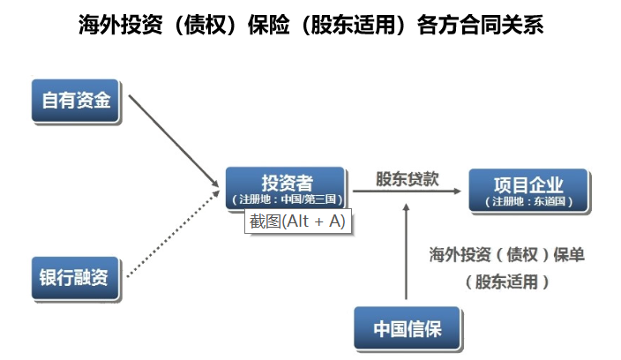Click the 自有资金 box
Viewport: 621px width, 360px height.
point(76,101)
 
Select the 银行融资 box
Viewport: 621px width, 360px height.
point(76,278)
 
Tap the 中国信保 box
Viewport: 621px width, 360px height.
point(408,328)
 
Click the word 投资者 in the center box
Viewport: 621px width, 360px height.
point(288,183)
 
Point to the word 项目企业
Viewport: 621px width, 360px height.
point(528,184)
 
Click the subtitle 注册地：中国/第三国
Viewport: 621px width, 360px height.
point(288,199)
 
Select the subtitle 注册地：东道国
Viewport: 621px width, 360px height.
point(528,201)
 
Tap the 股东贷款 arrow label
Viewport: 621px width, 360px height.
point(408,178)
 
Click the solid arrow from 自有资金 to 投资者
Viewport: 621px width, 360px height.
point(174,140)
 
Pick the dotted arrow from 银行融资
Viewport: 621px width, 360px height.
point(173,234)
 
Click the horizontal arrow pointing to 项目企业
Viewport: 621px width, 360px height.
point(407,191)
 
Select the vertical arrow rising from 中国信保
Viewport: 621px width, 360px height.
point(406,251)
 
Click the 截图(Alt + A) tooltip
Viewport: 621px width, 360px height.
point(298,221)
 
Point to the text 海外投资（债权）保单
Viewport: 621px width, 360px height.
point(507,254)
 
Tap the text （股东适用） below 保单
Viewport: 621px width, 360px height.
point(507,282)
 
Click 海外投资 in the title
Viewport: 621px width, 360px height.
point(120,25)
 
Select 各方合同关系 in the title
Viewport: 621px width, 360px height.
point(480,25)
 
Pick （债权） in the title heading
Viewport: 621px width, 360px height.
point(206,25)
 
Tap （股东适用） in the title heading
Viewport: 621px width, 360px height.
point(353,25)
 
